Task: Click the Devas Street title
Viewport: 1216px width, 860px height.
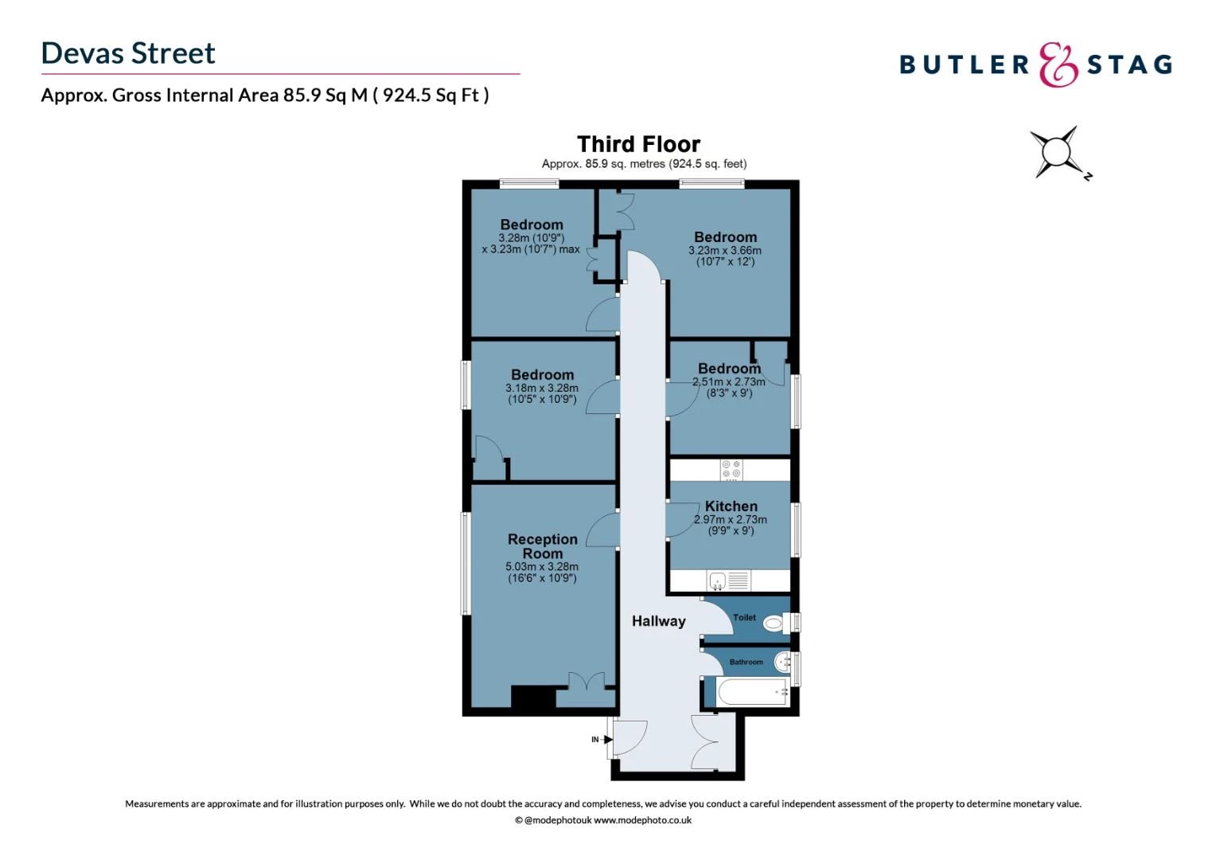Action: (128, 53)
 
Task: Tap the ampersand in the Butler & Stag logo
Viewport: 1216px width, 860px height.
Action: (1058, 64)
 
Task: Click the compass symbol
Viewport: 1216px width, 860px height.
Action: (1058, 152)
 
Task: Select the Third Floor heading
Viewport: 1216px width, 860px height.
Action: (638, 144)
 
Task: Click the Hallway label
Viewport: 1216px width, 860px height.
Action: (658, 621)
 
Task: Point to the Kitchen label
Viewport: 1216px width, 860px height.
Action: (731, 506)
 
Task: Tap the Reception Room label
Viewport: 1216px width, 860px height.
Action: (543, 546)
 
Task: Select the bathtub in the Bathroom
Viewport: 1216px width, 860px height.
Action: (752, 692)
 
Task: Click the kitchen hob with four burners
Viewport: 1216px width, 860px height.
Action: (731, 470)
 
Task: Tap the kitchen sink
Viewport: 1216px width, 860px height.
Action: (718, 581)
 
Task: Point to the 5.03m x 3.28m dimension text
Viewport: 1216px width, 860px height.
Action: (542, 567)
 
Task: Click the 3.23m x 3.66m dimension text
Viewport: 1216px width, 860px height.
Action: (724, 251)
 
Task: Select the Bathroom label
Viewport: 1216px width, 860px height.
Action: (746, 662)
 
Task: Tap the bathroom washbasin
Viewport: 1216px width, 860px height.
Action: (783, 661)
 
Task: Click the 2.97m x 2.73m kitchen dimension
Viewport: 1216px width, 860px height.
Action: (731, 520)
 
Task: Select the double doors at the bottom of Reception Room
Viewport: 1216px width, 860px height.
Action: (586, 689)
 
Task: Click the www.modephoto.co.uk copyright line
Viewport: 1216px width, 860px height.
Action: (603, 820)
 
